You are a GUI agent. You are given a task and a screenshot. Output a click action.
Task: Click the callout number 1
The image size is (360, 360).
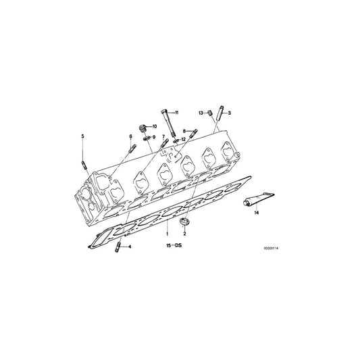click(x=167, y=234)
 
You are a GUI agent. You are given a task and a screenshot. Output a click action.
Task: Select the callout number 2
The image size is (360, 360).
click(x=184, y=234)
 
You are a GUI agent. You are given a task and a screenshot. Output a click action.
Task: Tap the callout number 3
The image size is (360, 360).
click(x=230, y=113)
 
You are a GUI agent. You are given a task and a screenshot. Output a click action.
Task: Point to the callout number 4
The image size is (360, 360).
click(x=130, y=247)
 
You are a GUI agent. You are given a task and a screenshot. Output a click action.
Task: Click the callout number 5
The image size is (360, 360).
click(x=82, y=136)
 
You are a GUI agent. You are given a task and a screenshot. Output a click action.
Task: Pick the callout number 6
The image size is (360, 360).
click(x=130, y=136)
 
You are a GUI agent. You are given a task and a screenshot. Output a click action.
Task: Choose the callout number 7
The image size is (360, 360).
click(x=163, y=136)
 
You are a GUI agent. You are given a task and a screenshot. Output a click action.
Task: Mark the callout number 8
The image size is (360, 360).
click(x=184, y=131)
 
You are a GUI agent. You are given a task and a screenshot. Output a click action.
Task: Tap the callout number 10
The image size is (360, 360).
click(x=155, y=126)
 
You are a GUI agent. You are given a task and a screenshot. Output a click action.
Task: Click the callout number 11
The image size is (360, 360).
click(x=176, y=113)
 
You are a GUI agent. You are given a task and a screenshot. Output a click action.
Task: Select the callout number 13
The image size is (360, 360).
click(x=201, y=113)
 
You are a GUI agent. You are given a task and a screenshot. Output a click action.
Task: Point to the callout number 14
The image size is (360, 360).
click(x=257, y=213)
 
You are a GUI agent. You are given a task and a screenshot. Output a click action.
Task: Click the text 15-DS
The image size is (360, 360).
click(x=174, y=245)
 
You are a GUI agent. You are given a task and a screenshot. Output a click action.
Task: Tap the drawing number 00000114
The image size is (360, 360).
click(x=271, y=248)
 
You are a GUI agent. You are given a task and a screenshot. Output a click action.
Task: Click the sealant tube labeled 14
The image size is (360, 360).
click(x=259, y=199)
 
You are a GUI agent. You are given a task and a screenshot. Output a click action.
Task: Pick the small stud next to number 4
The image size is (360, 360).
click(x=118, y=247)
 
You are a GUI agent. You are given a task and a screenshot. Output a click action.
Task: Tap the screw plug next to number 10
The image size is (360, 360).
click(x=143, y=128)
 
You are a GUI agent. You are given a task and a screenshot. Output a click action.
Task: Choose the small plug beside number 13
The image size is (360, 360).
click(x=209, y=113)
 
